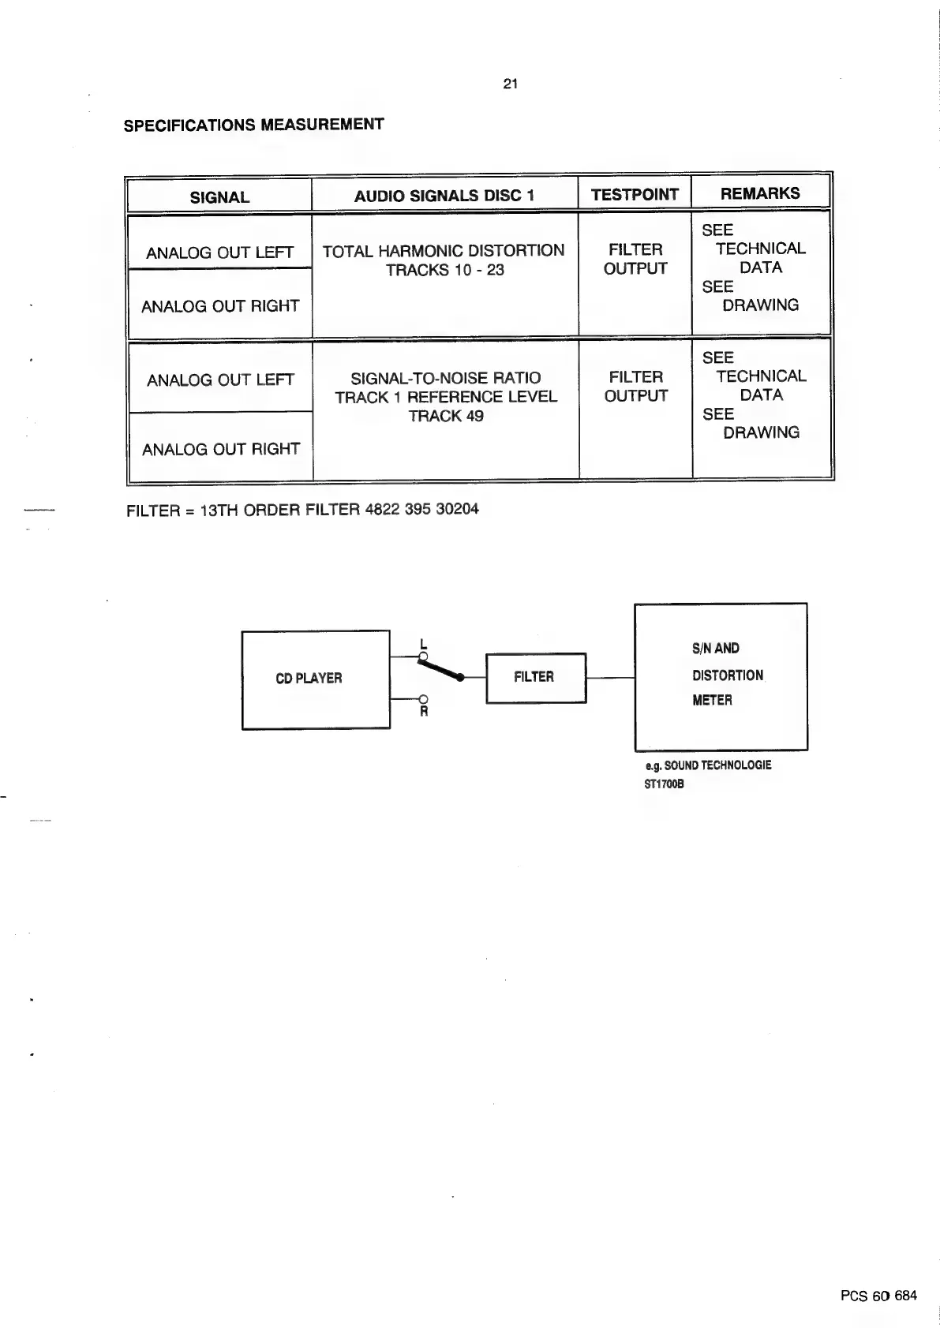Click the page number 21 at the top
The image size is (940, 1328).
(510, 84)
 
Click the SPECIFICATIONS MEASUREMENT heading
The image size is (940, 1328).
(253, 125)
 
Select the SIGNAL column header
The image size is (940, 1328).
(219, 197)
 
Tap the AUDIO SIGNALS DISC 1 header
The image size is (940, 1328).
(444, 196)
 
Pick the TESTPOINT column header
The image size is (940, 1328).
(635, 195)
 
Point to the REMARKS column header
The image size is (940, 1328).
(760, 193)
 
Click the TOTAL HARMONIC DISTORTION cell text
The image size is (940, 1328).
(444, 251)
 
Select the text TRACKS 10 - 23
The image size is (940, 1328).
(444, 271)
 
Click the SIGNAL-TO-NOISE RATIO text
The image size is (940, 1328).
(446, 378)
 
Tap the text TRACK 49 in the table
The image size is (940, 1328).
(446, 416)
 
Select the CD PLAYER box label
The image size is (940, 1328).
(309, 679)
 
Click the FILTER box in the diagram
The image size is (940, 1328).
(534, 677)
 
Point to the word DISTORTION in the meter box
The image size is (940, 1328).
(728, 675)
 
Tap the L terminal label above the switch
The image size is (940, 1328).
(424, 643)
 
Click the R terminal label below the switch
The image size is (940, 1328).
(424, 712)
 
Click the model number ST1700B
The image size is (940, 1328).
(664, 784)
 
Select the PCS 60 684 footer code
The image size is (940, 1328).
(878, 1296)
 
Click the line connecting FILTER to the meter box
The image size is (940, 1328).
(610, 678)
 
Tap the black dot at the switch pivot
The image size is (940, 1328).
(461, 677)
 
